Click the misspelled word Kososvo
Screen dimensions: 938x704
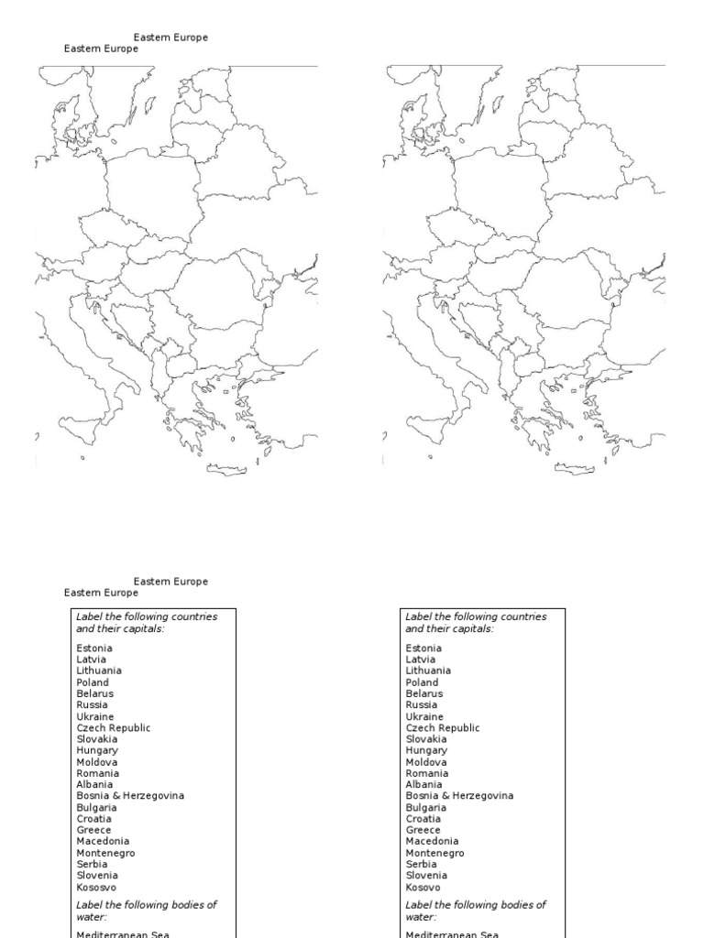point(96,887)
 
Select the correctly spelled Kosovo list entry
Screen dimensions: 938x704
point(423,887)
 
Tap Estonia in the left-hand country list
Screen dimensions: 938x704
point(93,649)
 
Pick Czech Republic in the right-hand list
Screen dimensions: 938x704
point(443,727)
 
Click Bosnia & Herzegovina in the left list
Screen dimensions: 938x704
point(130,796)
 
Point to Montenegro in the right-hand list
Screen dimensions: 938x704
point(434,853)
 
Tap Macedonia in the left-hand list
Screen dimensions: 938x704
point(103,841)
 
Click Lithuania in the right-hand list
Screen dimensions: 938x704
point(428,671)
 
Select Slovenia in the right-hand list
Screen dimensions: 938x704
point(425,876)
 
